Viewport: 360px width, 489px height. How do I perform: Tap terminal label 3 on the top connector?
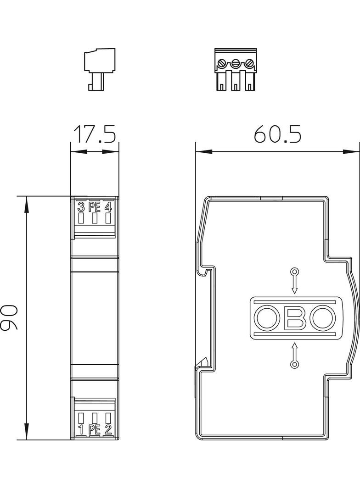[81, 207]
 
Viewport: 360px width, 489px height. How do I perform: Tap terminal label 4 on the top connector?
[108, 207]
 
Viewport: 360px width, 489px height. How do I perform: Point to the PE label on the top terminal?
[94, 207]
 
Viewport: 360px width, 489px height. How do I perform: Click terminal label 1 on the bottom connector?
[81, 430]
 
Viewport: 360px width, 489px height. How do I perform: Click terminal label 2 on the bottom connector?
[108, 430]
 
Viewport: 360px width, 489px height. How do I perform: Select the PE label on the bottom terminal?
[94, 430]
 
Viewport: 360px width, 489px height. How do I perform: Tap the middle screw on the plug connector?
[236, 63]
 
